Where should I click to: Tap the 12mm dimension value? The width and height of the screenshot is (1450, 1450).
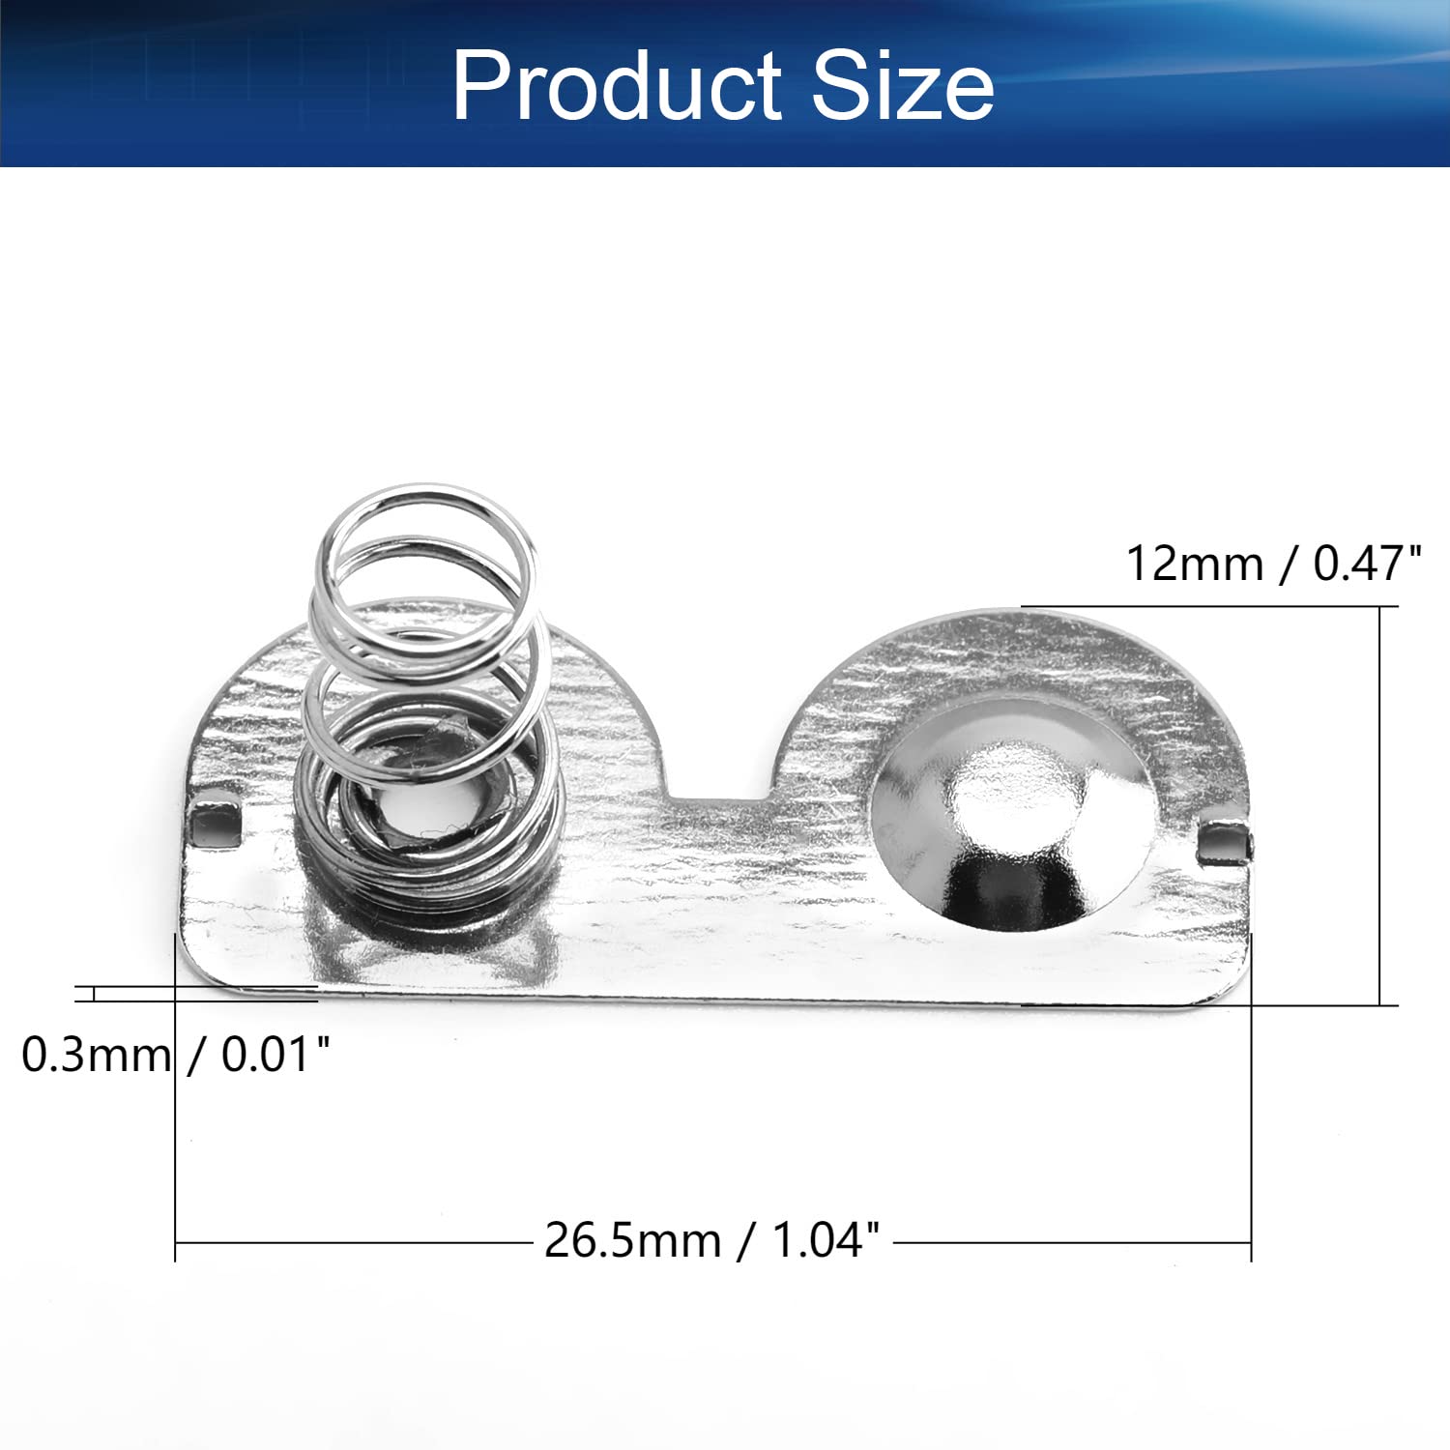[1195, 564]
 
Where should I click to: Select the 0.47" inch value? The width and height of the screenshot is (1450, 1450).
[1367, 564]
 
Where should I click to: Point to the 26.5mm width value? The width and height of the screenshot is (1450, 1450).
[632, 1240]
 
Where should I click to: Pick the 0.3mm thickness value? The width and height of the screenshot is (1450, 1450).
[96, 1055]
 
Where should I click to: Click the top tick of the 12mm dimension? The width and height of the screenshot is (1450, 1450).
[1380, 607]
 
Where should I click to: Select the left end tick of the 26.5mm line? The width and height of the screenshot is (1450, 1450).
[175, 1242]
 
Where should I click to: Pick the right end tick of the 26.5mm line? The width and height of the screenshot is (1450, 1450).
[1251, 1242]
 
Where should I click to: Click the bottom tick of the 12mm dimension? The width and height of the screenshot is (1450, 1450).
[1380, 1005]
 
